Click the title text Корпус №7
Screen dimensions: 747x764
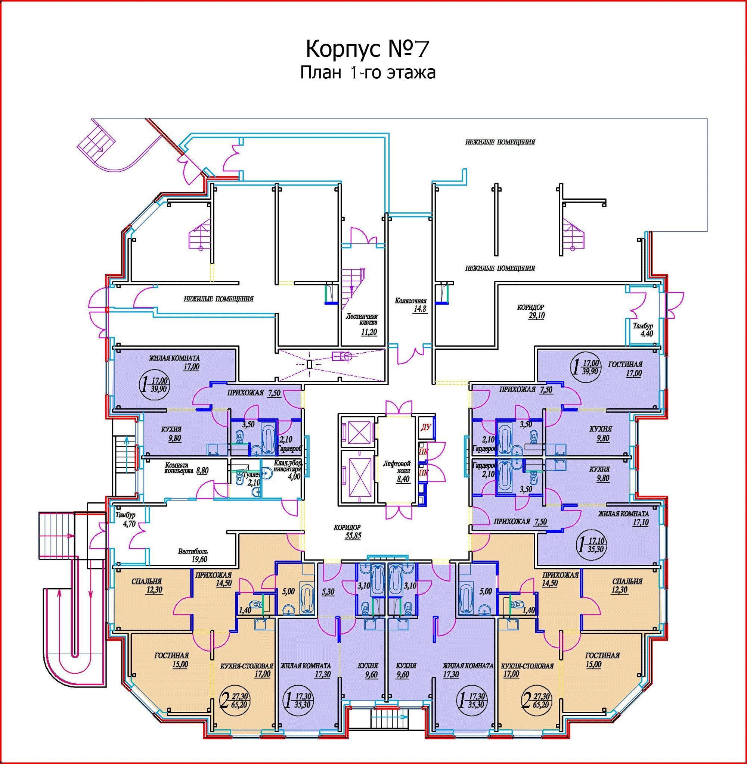[367, 49]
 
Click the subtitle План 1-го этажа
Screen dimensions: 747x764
[368, 73]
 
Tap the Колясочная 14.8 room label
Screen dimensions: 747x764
[410, 305]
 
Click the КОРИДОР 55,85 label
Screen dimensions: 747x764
[347, 532]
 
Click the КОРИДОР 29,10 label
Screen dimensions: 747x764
[531, 311]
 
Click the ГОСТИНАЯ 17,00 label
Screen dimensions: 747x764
[625, 368]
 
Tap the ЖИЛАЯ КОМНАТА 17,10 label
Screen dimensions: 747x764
[623, 518]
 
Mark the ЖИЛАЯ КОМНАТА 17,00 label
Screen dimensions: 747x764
[174, 362]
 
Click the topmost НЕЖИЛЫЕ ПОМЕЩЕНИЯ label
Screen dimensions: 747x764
[500, 142]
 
